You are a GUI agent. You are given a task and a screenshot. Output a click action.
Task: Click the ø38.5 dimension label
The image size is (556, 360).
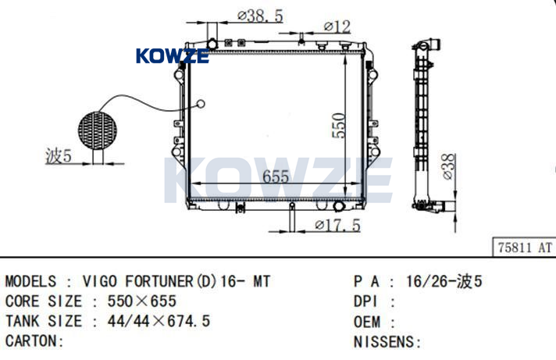(260, 16)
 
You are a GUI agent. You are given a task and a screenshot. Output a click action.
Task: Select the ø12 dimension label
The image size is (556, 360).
(337, 27)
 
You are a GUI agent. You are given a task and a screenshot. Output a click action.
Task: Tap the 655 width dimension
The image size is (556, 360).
(276, 176)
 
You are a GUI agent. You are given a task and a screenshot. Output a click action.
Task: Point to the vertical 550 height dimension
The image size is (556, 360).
(338, 125)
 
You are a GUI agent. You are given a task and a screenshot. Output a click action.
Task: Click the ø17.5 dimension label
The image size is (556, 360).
(337, 225)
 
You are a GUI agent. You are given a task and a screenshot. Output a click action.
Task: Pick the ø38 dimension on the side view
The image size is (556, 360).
(448, 166)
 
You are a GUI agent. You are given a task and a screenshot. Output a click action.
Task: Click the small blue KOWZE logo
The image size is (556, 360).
(173, 56)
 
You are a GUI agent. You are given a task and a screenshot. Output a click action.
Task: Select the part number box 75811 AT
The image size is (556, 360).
(525, 247)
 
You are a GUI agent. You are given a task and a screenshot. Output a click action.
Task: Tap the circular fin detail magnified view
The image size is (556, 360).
(98, 130)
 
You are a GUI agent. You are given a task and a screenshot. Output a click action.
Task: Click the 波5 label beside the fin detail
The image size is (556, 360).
(59, 155)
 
